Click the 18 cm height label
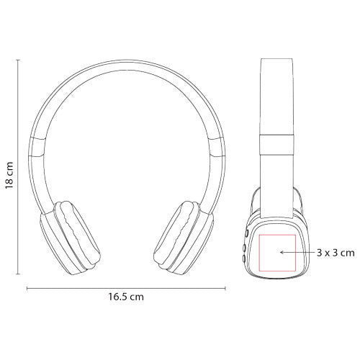pos(9,175)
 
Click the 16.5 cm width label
pos(126,297)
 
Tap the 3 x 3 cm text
pos(336,253)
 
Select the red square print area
pos(259,253)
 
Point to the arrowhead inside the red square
pos(282,252)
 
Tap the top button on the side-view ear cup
pos(246,233)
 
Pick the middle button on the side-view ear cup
pos(244,247)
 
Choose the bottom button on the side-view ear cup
pos(243,258)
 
